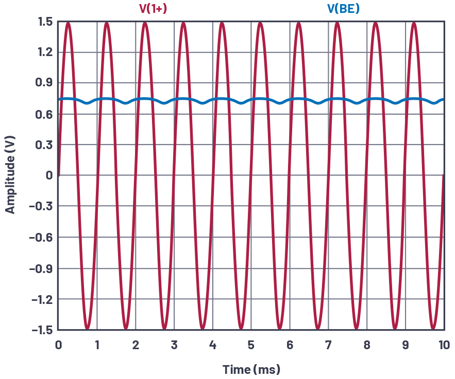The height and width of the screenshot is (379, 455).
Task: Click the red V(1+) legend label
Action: (153, 8)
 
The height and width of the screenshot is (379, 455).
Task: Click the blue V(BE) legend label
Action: (343, 8)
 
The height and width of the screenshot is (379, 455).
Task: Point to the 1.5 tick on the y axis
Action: (45, 22)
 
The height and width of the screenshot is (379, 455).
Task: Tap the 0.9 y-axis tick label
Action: (45, 83)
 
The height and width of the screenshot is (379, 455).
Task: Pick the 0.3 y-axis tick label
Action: (45, 145)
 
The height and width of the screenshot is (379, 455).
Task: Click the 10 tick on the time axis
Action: (444, 345)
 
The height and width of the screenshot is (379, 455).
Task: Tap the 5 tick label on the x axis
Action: (251, 345)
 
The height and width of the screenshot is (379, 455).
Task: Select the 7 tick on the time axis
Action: (328, 345)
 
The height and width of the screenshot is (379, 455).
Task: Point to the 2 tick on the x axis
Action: (136, 345)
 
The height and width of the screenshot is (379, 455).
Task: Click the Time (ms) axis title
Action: (251, 369)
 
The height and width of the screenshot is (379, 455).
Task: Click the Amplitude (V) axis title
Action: (10, 175)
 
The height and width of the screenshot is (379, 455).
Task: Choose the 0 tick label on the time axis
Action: (58, 345)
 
